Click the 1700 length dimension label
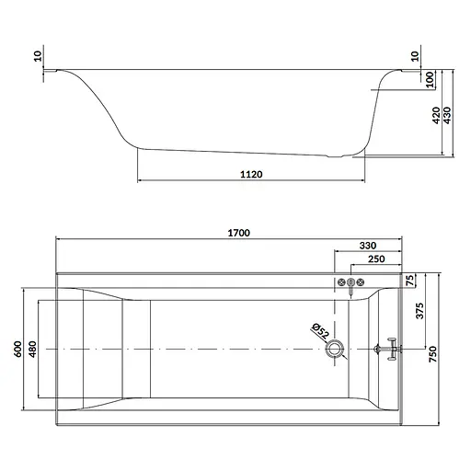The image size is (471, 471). pyautogui.click(x=238, y=233)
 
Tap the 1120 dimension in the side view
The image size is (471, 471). pyautogui.click(x=251, y=174)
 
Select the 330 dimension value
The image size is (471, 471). pyautogui.click(x=368, y=246)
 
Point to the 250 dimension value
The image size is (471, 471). pyautogui.click(x=376, y=259)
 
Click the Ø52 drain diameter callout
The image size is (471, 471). pyautogui.click(x=320, y=331)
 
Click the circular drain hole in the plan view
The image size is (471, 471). pyautogui.click(x=335, y=349)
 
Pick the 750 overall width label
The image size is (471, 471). pyautogui.click(x=432, y=354)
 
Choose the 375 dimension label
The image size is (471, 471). pyautogui.click(x=419, y=311)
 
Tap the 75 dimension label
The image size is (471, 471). pyautogui.click(x=410, y=281)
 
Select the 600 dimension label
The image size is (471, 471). pyautogui.click(x=18, y=349)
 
